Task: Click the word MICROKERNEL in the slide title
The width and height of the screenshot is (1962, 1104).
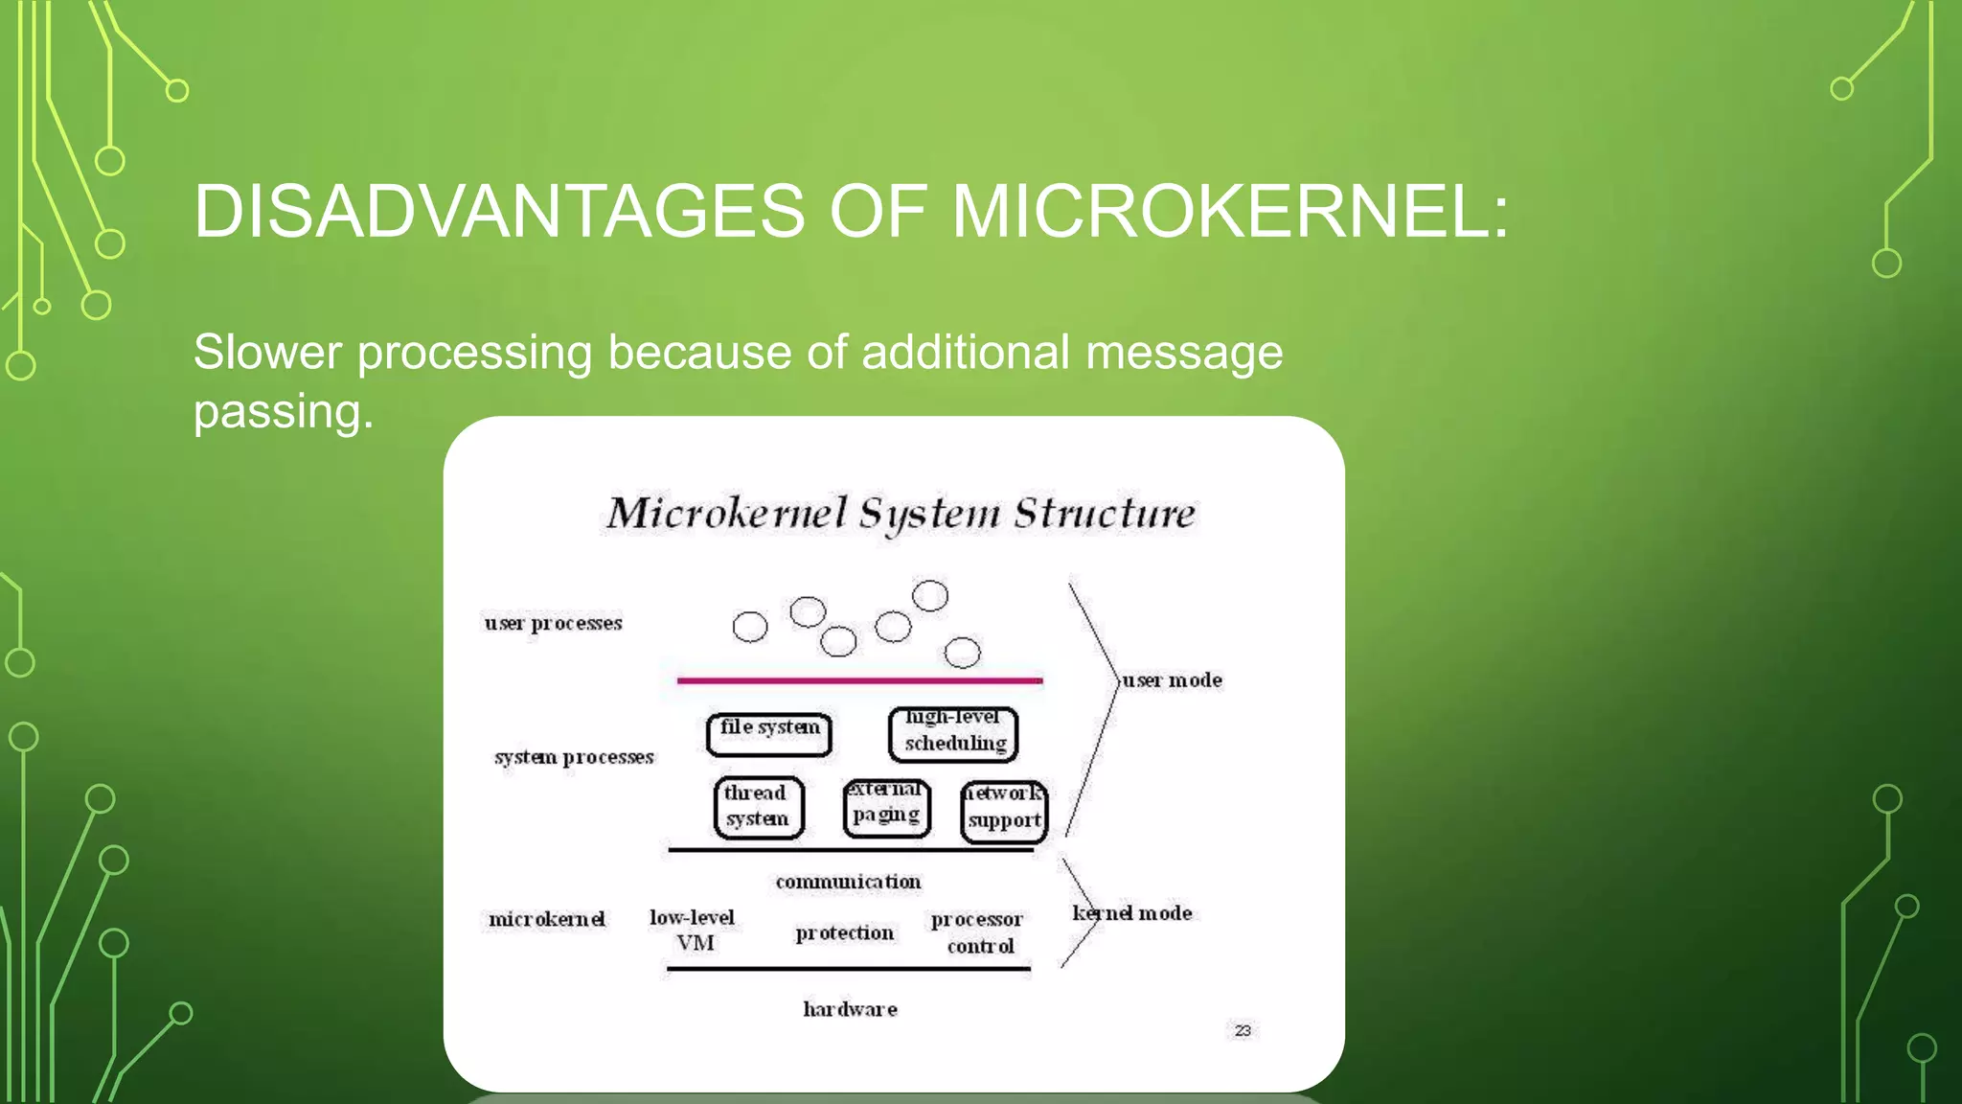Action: point(1230,212)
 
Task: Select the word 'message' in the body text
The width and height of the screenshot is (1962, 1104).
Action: point(1184,352)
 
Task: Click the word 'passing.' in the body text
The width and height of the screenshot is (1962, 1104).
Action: point(284,411)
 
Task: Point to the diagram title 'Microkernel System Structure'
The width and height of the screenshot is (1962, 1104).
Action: point(901,514)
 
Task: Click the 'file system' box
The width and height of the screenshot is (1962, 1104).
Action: point(769,734)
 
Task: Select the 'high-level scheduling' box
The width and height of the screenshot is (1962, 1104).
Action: point(954,733)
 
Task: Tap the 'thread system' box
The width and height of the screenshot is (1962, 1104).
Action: point(758,807)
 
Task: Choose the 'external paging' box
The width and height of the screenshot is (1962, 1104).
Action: point(887,807)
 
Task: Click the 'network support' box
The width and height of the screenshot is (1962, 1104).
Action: point(1004,811)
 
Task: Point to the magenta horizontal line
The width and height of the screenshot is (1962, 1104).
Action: point(859,680)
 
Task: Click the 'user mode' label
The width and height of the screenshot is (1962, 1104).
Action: point(1173,680)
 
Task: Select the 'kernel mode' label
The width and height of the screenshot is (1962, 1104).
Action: point(1132,913)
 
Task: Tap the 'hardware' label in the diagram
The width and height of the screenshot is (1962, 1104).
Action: point(850,1009)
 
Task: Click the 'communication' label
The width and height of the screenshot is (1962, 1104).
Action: point(848,882)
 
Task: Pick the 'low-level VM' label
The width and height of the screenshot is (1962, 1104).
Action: point(693,930)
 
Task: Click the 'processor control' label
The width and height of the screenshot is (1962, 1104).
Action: point(977,932)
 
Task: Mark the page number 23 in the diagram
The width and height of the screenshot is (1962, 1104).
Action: point(1243,1030)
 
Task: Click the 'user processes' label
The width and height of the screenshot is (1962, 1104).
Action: point(553,624)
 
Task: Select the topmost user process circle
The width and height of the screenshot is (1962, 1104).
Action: point(930,596)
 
